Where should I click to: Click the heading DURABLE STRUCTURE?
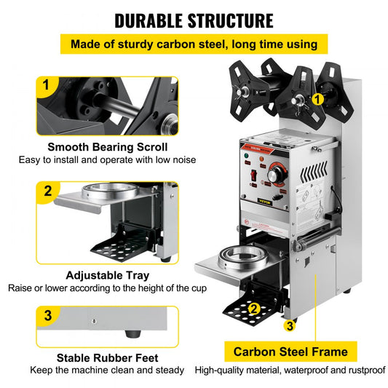(194, 20)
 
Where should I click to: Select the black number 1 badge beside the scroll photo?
(47, 85)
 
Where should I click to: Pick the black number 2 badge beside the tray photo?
(47, 192)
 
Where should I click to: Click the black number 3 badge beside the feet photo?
(47, 316)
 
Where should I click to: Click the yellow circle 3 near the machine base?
(289, 325)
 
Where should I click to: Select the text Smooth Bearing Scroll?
(106, 147)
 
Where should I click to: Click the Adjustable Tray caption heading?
(107, 275)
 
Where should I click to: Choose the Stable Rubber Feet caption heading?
(107, 357)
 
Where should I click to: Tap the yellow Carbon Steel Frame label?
(290, 352)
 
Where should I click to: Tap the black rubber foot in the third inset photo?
(131, 334)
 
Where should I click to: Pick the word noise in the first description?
(182, 159)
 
